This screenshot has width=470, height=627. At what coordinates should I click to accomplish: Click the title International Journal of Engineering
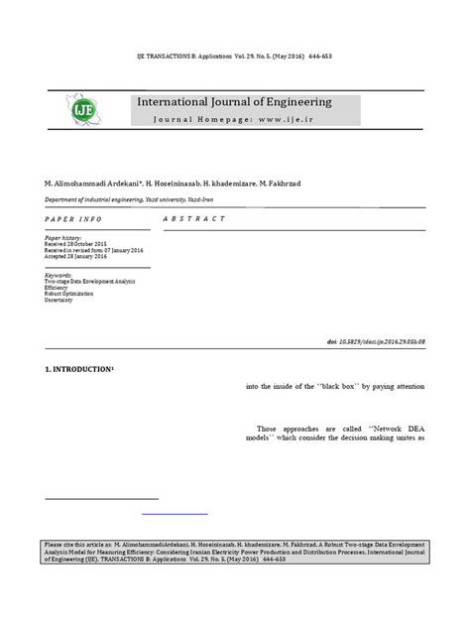coord(234,102)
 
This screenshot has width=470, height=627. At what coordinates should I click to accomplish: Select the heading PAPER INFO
coord(71,218)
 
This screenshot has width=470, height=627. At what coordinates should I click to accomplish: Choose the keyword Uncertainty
coord(61,300)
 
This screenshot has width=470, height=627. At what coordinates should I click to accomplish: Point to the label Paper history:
coord(66,239)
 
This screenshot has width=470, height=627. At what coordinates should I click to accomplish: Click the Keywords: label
coord(59,275)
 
